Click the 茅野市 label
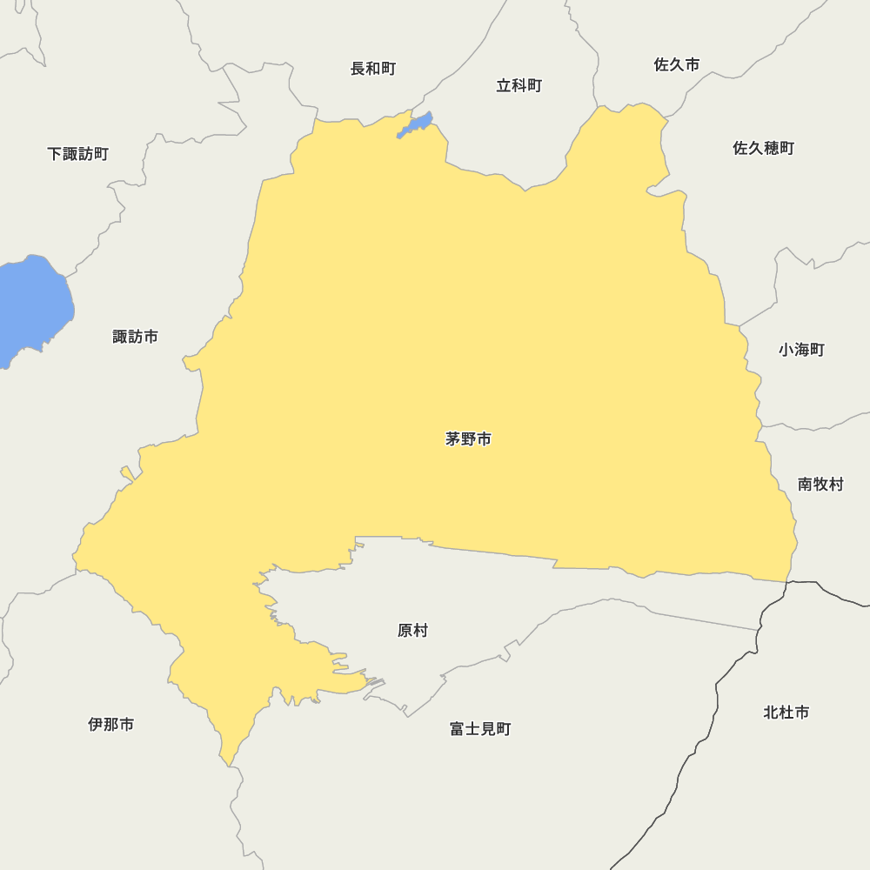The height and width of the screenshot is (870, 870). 468,439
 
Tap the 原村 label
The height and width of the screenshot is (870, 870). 412,631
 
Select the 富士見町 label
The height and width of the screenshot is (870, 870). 480,729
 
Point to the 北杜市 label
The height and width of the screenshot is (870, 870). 786,713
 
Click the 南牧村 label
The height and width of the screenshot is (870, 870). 820,485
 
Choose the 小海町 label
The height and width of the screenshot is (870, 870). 801,350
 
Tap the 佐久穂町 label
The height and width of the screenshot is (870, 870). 763,148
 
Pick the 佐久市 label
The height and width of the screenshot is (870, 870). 676,65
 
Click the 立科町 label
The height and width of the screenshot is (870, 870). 519,85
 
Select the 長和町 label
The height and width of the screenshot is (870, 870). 373,69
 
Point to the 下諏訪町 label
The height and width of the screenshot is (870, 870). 77,154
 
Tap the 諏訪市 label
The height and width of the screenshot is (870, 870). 135,337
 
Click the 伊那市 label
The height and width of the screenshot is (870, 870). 111,724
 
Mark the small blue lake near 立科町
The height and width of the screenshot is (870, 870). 416,125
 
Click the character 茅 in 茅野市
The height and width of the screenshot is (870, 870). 453,439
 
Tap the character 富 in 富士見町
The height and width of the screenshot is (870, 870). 458,729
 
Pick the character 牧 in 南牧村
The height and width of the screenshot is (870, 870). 820,485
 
